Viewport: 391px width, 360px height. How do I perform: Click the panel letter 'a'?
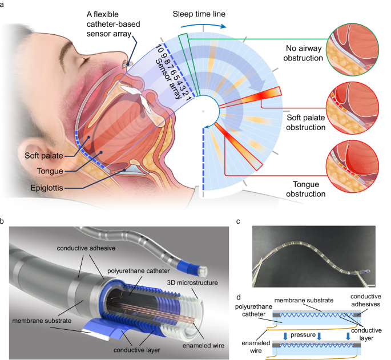(x=5, y=4)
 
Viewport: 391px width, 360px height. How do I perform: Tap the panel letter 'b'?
(x=5, y=220)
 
